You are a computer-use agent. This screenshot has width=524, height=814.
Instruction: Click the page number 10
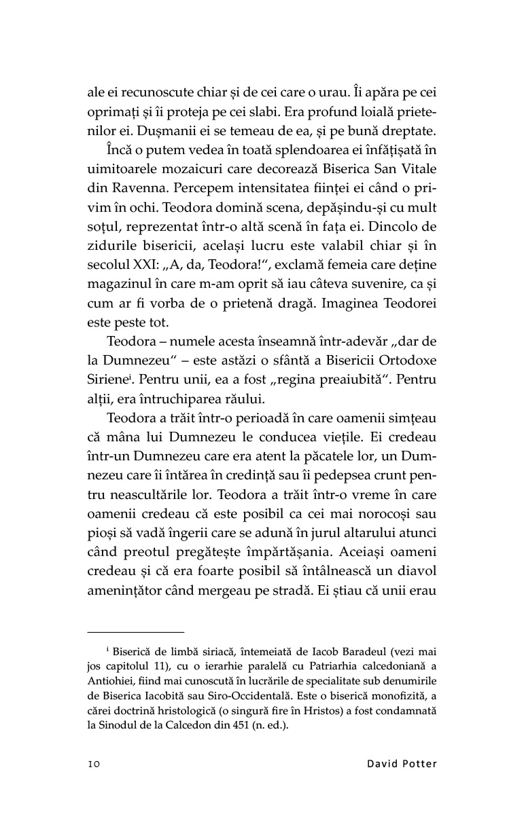pyautogui.click(x=94, y=763)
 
